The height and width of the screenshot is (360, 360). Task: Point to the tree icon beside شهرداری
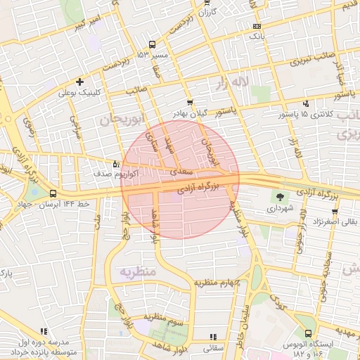(281, 198)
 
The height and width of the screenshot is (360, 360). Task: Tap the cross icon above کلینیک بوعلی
(79, 82)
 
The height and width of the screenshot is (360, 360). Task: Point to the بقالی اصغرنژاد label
(333, 221)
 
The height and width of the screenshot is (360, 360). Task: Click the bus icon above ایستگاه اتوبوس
(308, 334)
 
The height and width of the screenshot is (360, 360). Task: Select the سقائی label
(212, 347)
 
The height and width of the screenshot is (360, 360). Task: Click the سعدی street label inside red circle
(182, 172)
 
